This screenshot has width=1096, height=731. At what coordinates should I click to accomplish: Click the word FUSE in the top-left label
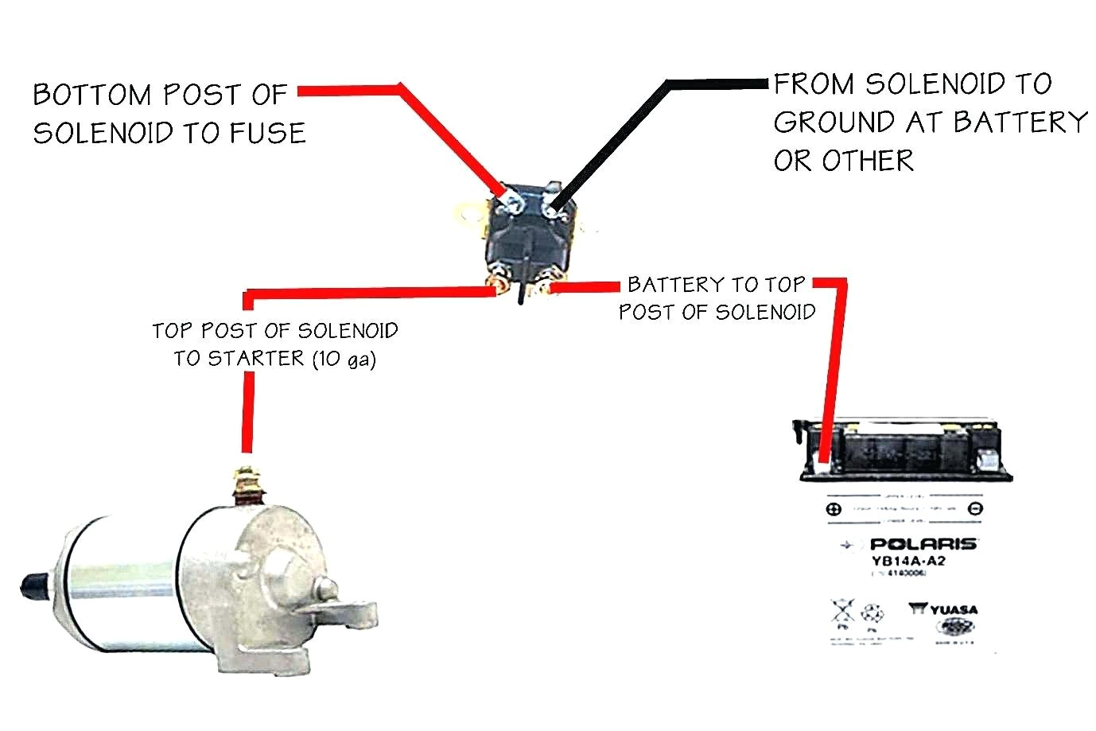pyautogui.click(x=268, y=133)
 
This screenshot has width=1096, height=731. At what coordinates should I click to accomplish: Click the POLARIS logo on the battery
pyautogui.click(x=923, y=544)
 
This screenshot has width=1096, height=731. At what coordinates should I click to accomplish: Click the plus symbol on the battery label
pyautogui.click(x=833, y=509)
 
